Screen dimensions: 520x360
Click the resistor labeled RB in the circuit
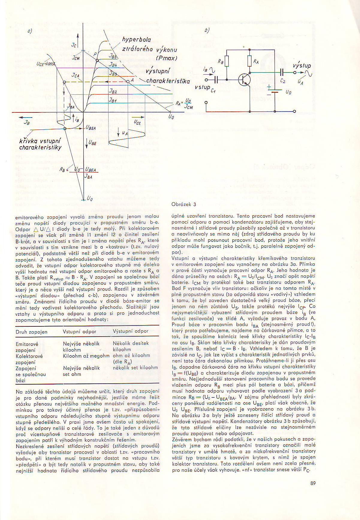click(227, 61)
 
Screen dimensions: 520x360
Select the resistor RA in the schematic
click(250, 61)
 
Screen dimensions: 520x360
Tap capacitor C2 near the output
click(282, 72)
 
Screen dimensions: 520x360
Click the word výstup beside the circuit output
click(302, 66)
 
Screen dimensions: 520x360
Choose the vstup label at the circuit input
click(202, 87)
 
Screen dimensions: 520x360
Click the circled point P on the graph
click(97, 61)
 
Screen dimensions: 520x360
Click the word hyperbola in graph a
click(136, 40)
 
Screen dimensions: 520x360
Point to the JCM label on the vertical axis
click(76, 58)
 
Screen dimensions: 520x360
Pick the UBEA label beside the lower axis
click(91, 128)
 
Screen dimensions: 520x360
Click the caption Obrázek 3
click(183, 204)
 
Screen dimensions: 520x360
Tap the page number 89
click(313, 483)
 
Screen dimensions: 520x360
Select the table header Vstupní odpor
click(79, 331)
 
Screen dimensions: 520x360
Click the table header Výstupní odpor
click(131, 331)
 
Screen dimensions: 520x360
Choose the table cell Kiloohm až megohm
click(86, 356)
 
